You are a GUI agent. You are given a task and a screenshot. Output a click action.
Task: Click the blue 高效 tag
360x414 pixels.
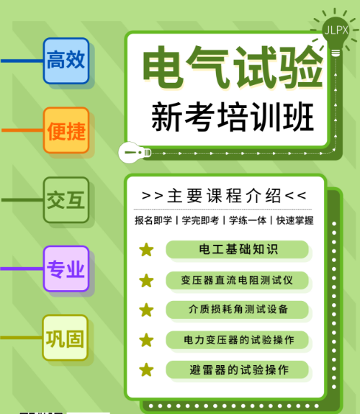(66, 60)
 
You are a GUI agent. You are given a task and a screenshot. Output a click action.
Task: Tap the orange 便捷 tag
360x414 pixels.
(66, 130)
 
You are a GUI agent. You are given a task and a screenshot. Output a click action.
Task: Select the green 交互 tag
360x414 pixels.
(66, 200)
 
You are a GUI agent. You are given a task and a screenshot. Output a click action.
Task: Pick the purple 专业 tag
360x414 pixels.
(66, 269)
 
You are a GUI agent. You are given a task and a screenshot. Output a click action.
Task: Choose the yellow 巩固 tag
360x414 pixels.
(65, 338)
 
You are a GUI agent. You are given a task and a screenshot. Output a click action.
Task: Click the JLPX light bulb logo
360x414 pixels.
(336, 32)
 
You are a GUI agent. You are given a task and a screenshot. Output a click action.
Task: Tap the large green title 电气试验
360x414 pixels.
(233, 67)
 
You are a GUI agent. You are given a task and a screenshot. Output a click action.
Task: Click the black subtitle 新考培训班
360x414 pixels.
(233, 117)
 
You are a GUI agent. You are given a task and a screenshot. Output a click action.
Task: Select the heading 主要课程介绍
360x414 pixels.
(224, 196)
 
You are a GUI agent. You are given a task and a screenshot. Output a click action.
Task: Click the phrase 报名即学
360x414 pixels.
(153, 220)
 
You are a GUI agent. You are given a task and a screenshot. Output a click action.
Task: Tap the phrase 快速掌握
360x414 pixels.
(294, 220)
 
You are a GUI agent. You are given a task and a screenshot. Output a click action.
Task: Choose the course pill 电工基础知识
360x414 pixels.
(237, 250)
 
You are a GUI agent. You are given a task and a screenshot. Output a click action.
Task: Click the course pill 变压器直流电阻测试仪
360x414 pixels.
(237, 280)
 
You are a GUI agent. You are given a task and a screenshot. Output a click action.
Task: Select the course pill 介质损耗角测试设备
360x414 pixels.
(237, 310)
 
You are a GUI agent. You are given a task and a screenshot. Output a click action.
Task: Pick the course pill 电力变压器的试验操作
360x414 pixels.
(237, 340)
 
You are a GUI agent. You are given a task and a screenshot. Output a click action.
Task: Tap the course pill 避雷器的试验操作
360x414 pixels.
(237, 369)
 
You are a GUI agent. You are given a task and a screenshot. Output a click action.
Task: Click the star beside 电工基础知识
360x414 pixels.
(146, 250)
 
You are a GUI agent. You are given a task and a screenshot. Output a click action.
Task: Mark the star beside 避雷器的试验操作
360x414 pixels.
(146, 369)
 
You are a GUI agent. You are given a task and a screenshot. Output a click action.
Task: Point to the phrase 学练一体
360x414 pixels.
(248, 220)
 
